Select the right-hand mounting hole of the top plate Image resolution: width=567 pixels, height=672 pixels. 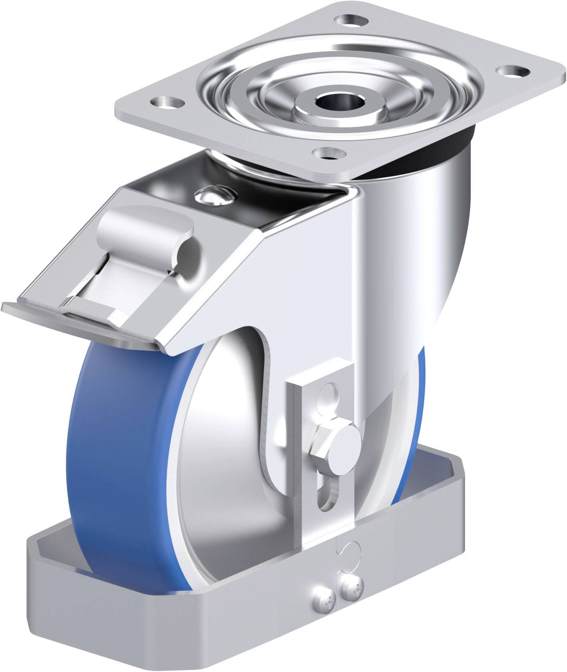coord(511,71)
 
